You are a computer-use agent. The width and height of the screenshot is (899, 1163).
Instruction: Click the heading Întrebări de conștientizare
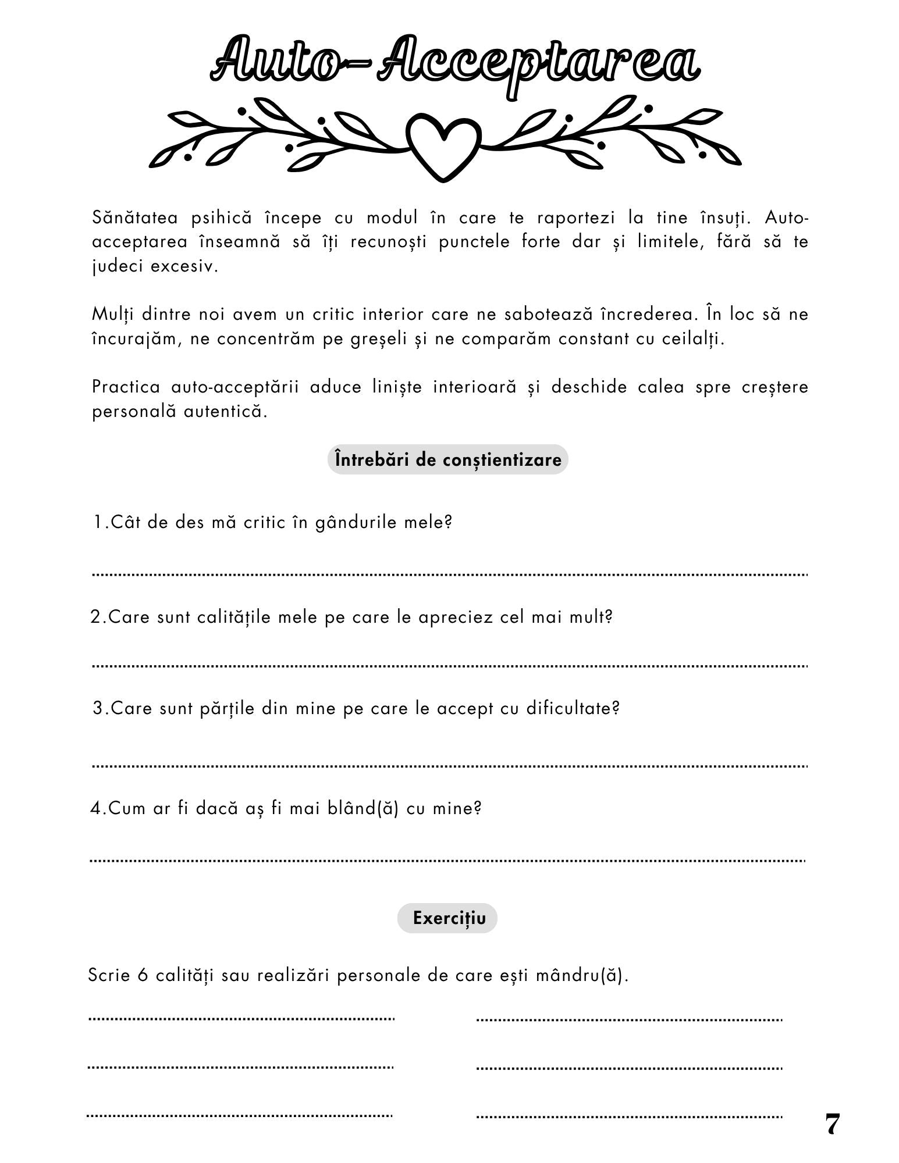pyautogui.click(x=447, y=459)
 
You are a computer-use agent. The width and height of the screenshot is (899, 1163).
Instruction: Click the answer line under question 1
pyautogui.click(x=450, y=575)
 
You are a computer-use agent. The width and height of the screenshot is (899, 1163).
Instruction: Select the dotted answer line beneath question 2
pyautogui.click(x=450, y=665)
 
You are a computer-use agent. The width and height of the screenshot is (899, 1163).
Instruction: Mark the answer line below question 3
pyautogui.click(x=450, y=766)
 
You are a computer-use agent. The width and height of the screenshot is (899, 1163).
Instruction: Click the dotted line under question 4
pyautogui.click(x=447, y=860)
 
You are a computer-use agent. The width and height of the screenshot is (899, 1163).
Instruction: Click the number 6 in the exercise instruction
pyautogui.click(x=143, y=975)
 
